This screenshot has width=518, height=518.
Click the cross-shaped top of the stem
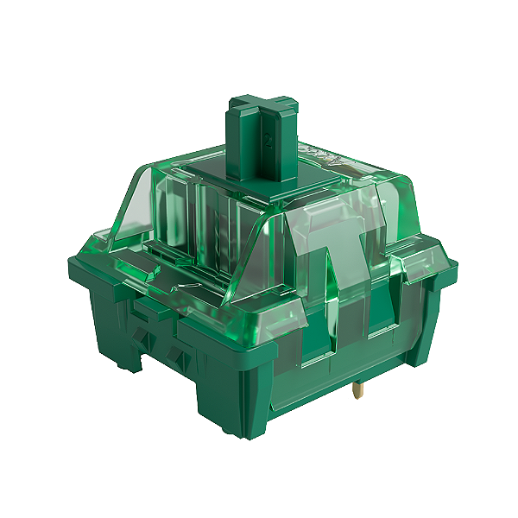coord(262,104)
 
